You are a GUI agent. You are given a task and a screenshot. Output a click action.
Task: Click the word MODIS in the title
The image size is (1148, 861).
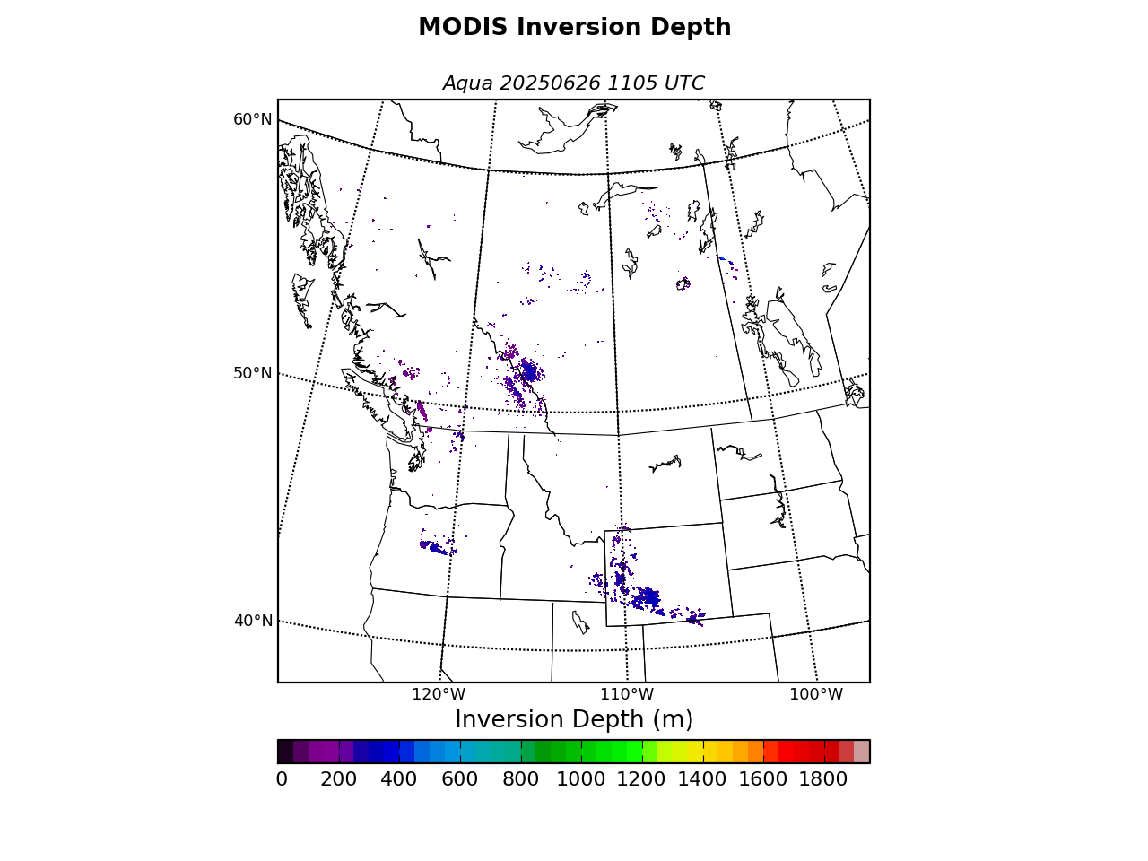point(463,27)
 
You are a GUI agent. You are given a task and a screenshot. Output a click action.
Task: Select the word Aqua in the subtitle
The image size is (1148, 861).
point(467,83)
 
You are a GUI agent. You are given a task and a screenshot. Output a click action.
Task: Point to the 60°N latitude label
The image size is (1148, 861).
point(253,119)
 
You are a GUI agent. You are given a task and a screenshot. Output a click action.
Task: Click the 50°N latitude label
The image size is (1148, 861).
point(253,373)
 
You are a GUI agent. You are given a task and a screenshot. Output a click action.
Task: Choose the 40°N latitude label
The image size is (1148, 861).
point(253,621)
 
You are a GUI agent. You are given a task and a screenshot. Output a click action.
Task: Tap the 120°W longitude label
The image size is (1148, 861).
point(439,694)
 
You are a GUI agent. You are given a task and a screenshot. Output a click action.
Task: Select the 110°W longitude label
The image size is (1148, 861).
point(627,694)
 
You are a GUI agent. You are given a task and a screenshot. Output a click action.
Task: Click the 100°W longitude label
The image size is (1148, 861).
point(816,694)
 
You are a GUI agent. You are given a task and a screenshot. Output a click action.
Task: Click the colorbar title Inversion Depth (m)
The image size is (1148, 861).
point(574,719)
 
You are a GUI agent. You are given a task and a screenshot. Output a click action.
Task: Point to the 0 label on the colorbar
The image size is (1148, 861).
point(282,779)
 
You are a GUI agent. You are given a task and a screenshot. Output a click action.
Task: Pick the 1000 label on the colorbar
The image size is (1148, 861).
point(580,779)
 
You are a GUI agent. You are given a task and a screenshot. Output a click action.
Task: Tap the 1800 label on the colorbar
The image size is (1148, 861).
point(822,779)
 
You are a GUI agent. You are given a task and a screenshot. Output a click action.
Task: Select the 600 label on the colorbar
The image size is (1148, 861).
point(459,779)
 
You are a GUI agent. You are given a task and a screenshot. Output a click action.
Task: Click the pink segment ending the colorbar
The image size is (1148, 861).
point(861,752)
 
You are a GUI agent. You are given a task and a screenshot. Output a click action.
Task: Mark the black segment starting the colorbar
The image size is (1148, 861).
point(285,752)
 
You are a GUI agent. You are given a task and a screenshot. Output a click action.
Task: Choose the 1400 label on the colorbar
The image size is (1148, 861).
point(702,779)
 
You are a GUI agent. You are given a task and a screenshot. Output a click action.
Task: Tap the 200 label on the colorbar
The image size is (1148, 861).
point(338,779)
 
